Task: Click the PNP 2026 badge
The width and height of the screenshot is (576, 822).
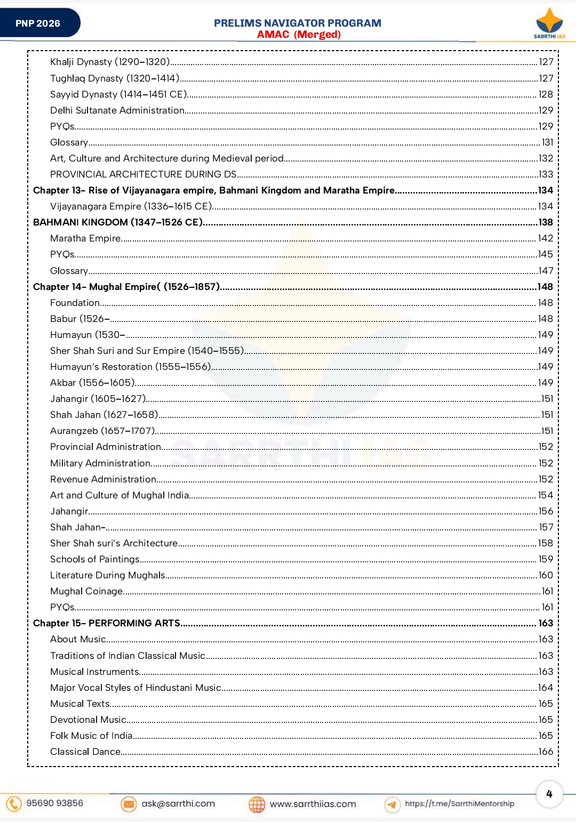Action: tap(38, 23)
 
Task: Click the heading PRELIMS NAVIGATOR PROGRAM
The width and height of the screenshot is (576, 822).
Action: tap(297, 23)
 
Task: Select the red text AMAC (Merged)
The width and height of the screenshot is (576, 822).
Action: tap(299, 35)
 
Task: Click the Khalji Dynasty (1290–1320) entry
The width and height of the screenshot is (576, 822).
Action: tap(110, 62)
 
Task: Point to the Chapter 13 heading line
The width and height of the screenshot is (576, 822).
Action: tap(213, 190)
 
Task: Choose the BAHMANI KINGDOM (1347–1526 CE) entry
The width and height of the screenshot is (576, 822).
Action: tap(117, 222)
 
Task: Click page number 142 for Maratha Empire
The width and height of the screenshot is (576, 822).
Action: tap(545, 238)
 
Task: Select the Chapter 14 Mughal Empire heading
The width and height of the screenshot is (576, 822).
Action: tap(126, 287)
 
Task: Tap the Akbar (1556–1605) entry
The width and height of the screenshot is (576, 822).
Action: tap(92, 383)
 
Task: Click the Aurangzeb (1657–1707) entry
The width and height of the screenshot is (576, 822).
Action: tap(102, 431)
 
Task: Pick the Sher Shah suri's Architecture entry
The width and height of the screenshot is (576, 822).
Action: tap(114, 543)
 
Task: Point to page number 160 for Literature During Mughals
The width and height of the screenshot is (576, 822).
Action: tap(546, 575)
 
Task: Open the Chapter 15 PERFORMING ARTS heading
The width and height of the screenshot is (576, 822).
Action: tap(107, 623)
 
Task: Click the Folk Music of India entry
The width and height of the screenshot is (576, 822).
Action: tap(91, 736)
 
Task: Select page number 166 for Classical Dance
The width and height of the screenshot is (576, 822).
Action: tap(546, 752)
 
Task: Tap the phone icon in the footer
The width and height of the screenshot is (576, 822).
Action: tap(14, 803)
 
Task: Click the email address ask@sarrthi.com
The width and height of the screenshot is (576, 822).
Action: tap(178, 803)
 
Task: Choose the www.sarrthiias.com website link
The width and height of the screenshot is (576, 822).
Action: tap(313, 804)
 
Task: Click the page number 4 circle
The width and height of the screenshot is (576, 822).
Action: tap(549, 794)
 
